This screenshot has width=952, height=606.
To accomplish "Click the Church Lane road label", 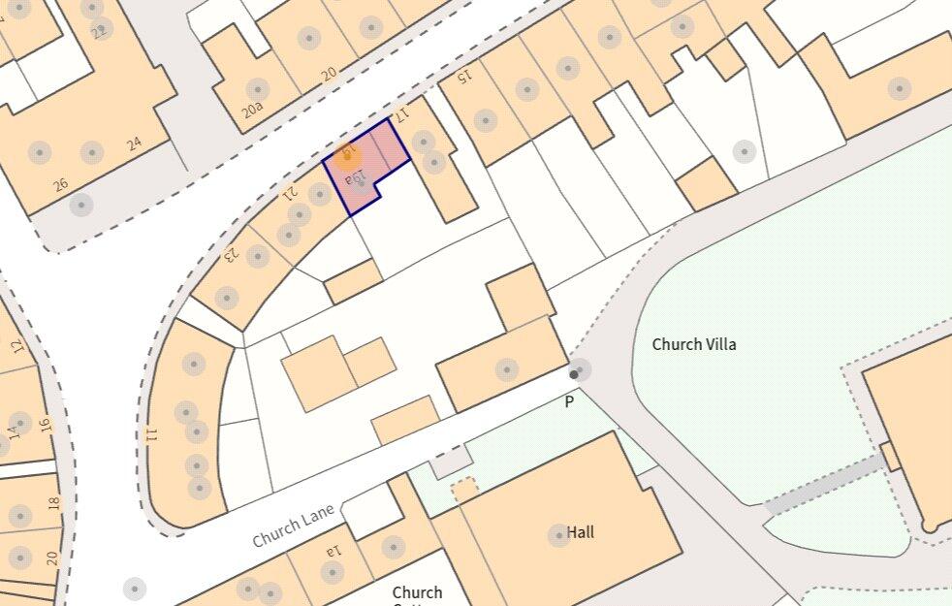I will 293,524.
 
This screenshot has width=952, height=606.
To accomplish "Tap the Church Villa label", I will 694,344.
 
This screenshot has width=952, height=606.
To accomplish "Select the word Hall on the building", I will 581,532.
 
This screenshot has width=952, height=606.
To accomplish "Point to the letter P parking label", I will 569,401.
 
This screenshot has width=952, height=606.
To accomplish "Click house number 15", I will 463,74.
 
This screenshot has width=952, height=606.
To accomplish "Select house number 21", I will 289,193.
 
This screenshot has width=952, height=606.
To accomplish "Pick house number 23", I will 231,255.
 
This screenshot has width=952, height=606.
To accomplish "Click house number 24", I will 134,144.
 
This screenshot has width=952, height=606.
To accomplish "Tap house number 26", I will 61,184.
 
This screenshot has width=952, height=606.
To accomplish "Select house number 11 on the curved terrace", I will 150,434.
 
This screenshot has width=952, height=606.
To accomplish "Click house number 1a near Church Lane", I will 333,551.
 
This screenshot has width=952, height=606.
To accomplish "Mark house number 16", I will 44,424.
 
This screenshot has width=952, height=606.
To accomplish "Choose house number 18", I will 53,502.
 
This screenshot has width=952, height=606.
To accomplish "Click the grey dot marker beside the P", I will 575,373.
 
